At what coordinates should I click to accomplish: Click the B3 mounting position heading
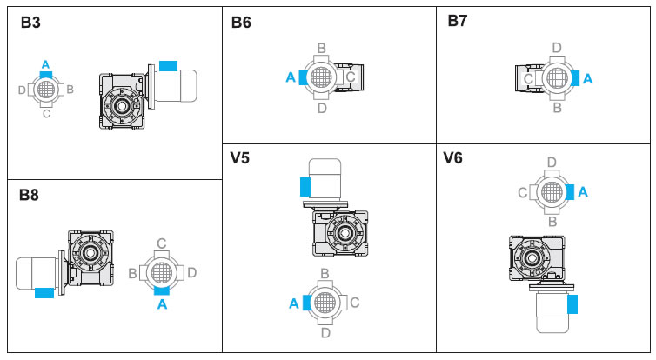pos(30,22)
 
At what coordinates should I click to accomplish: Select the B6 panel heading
pos(241,23)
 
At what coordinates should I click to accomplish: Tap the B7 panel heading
pos(458,21)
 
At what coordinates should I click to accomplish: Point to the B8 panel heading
pos(29,196)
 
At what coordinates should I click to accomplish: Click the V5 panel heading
pos(241,157)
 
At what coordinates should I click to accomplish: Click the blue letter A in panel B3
pos(45,63)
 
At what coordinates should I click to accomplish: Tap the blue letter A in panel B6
pos(291,77)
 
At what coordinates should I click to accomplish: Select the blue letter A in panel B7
pos(587,78)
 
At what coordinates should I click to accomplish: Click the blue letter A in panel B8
pos(161,304)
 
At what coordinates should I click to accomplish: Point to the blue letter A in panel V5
pos(293,303)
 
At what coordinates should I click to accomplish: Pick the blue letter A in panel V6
pos(583,191)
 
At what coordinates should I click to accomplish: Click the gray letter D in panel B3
pos(22,89)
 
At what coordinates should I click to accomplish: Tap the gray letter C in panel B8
pos(161,243)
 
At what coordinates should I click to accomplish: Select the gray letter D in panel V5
pos(325,331)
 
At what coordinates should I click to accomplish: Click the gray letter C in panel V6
pos(523,192)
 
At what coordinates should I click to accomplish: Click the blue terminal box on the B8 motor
pos(44,293)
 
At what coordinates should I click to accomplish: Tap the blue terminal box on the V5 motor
pos(305,187)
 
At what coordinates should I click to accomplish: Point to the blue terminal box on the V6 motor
pos(572,303)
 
